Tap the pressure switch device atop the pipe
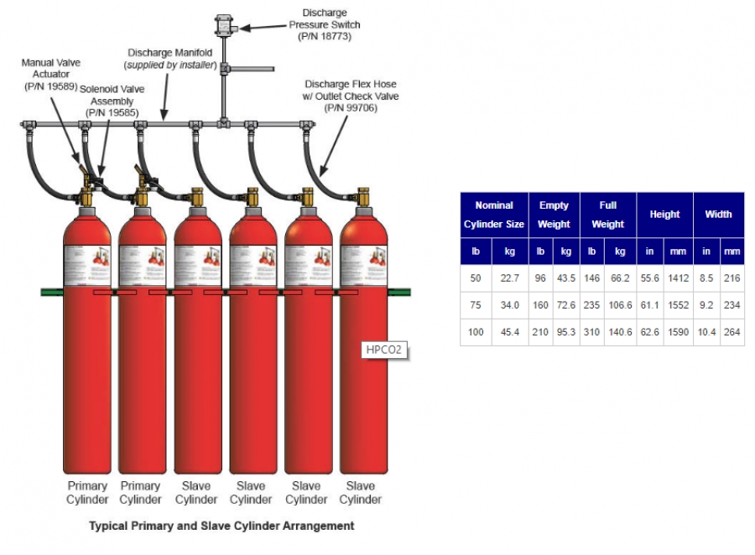click(224, 25)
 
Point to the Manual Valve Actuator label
click(50, 74)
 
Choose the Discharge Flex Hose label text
click(351, 96)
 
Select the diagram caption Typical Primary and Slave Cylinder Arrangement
click(221, 526)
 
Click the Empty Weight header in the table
click(554, 215)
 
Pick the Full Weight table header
click(607, 215)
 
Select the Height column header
click(664, 215)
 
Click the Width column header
click(718, 215)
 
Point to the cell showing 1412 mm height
click(678, 277)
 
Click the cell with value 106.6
click(621, 304)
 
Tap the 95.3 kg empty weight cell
click(566, 332)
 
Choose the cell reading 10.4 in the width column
click(706, 332)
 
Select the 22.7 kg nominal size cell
click(508, 277)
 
